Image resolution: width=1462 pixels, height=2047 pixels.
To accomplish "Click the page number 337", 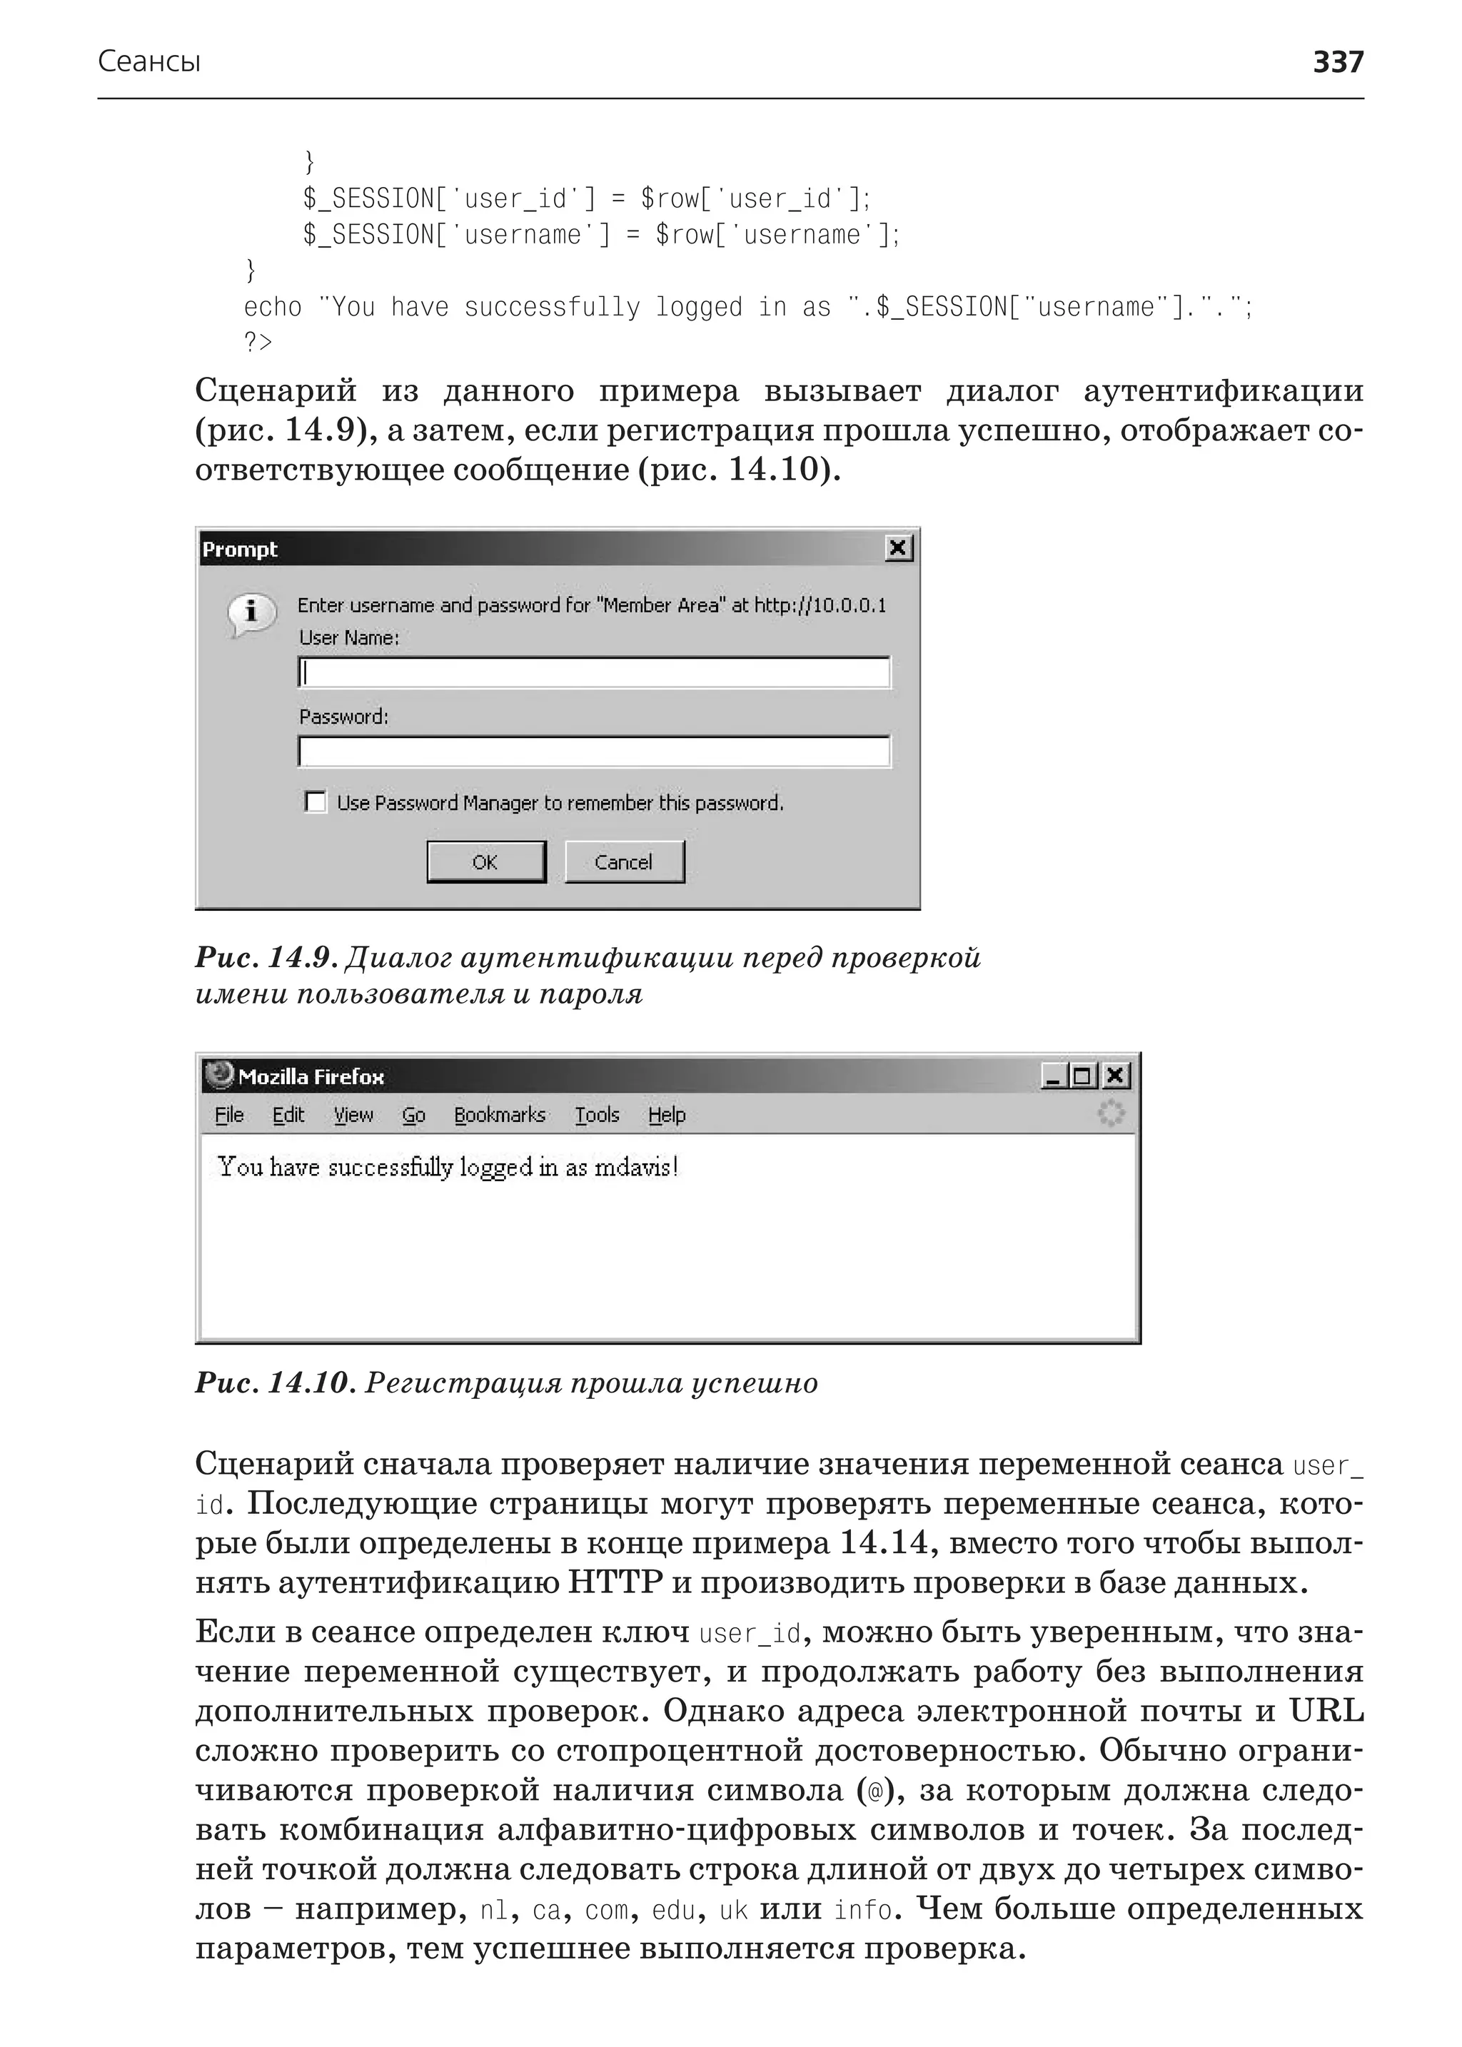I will pos(1338,61).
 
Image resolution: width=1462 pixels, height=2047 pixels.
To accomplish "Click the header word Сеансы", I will pos(148,61).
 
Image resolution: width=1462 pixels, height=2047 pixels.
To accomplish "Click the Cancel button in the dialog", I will pos(624,861).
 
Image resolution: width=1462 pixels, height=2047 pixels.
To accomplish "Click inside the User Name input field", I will pos(594,672).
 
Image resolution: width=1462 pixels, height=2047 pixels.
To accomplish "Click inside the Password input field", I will pos(594,752).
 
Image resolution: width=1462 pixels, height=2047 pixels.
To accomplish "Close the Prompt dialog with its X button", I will pos(897,548).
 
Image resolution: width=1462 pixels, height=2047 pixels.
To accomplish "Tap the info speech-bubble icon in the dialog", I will pos(251,614).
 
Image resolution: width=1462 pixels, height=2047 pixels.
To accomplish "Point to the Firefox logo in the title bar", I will pos(218,1075).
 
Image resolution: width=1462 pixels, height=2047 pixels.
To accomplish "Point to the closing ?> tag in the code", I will pos(258,342).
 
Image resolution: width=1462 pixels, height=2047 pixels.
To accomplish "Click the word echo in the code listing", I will pos(272,307).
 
